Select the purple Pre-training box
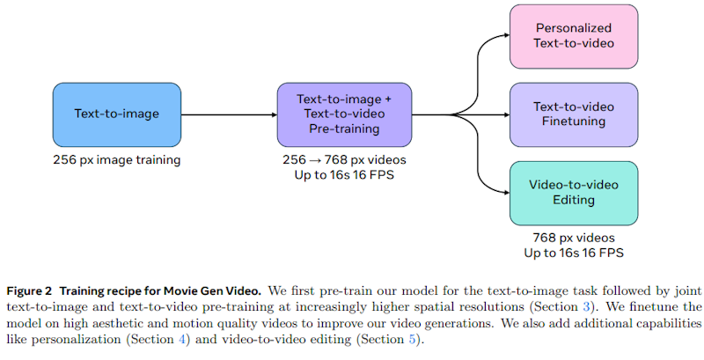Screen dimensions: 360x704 (344, 114)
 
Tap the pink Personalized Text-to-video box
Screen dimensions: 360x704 (574, 35)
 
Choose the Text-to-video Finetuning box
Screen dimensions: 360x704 (574, 114)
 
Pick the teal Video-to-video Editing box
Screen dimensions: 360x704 (574, 193)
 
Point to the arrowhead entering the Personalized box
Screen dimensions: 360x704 (504, 36)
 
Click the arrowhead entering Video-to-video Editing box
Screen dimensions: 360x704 (504, 193)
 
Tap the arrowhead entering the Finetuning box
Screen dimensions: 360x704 (504, 114)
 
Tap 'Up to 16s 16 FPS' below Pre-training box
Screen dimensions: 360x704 (344, 175)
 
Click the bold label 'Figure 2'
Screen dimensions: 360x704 (33, 290)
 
